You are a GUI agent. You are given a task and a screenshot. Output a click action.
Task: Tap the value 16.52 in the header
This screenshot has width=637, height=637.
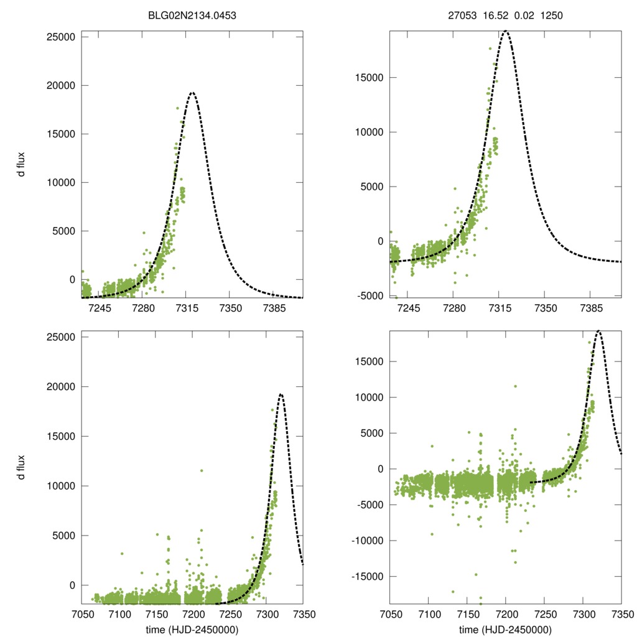[x=493, y=16]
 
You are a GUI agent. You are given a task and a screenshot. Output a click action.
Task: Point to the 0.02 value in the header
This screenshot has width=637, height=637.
[x=523, y=16]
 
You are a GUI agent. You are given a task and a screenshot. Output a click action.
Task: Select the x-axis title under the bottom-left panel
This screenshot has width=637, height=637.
[x=192, y=630]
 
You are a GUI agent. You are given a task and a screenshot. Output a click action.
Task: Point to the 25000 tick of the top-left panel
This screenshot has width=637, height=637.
[x=61, y=37]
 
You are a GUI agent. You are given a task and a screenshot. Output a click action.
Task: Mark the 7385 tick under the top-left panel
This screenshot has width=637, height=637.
[x=274, y=309]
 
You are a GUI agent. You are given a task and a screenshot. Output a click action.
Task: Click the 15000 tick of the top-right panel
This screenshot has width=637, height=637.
[x=371, y=78]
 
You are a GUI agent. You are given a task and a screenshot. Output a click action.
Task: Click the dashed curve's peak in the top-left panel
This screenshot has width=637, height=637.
[x=192, y=93]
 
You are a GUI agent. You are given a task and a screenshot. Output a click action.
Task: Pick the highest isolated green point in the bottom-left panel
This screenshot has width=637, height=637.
[x=202, y=470]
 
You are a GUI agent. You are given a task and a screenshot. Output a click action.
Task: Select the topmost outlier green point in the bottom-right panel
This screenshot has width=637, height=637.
[x=515, y=386]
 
